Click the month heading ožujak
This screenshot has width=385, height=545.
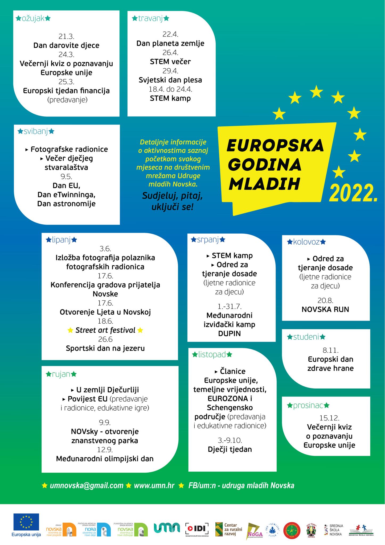(33, 19)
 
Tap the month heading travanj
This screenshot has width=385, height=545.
(151, 19)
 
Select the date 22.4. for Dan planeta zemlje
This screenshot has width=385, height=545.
(170, 34)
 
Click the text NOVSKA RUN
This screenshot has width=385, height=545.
(325, 309)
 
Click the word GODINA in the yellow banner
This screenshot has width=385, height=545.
(265, 165)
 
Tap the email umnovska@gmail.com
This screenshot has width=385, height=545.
(87, 485)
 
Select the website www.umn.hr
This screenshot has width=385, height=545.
(154, 485)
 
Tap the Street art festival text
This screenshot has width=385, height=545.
(105, 330)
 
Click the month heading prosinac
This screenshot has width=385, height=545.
(308, 406)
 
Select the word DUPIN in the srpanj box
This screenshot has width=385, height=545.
(230, 333)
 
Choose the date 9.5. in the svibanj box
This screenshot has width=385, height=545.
(67, 176)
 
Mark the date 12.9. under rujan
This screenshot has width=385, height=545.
(105, 450)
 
